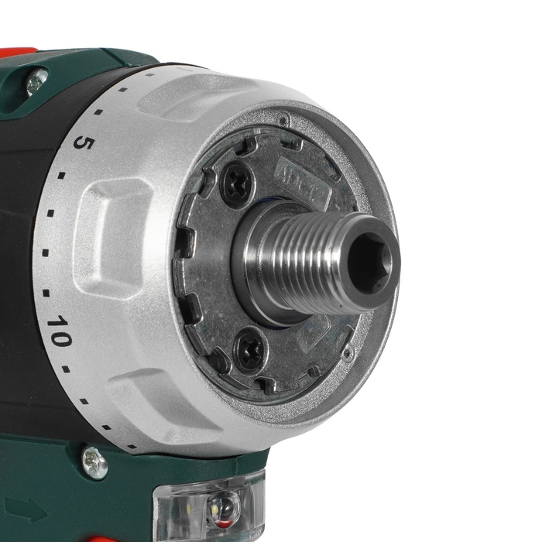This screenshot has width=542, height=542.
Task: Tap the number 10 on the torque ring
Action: point(59,331)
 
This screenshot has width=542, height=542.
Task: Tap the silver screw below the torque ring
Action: point(94,462)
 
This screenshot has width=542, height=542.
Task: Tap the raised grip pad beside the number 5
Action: point(116,225)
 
